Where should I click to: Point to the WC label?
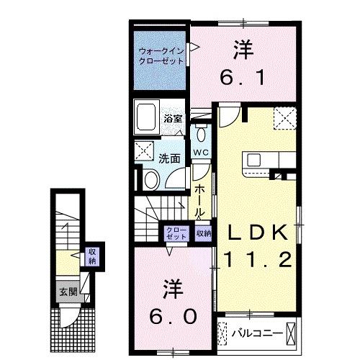coord(201,153)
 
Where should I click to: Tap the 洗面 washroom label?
coord(169,158)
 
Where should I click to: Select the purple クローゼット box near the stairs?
coord(176,233)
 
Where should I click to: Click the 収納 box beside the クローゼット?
coord(204,233)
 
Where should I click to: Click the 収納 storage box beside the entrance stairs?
coord(92,256)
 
